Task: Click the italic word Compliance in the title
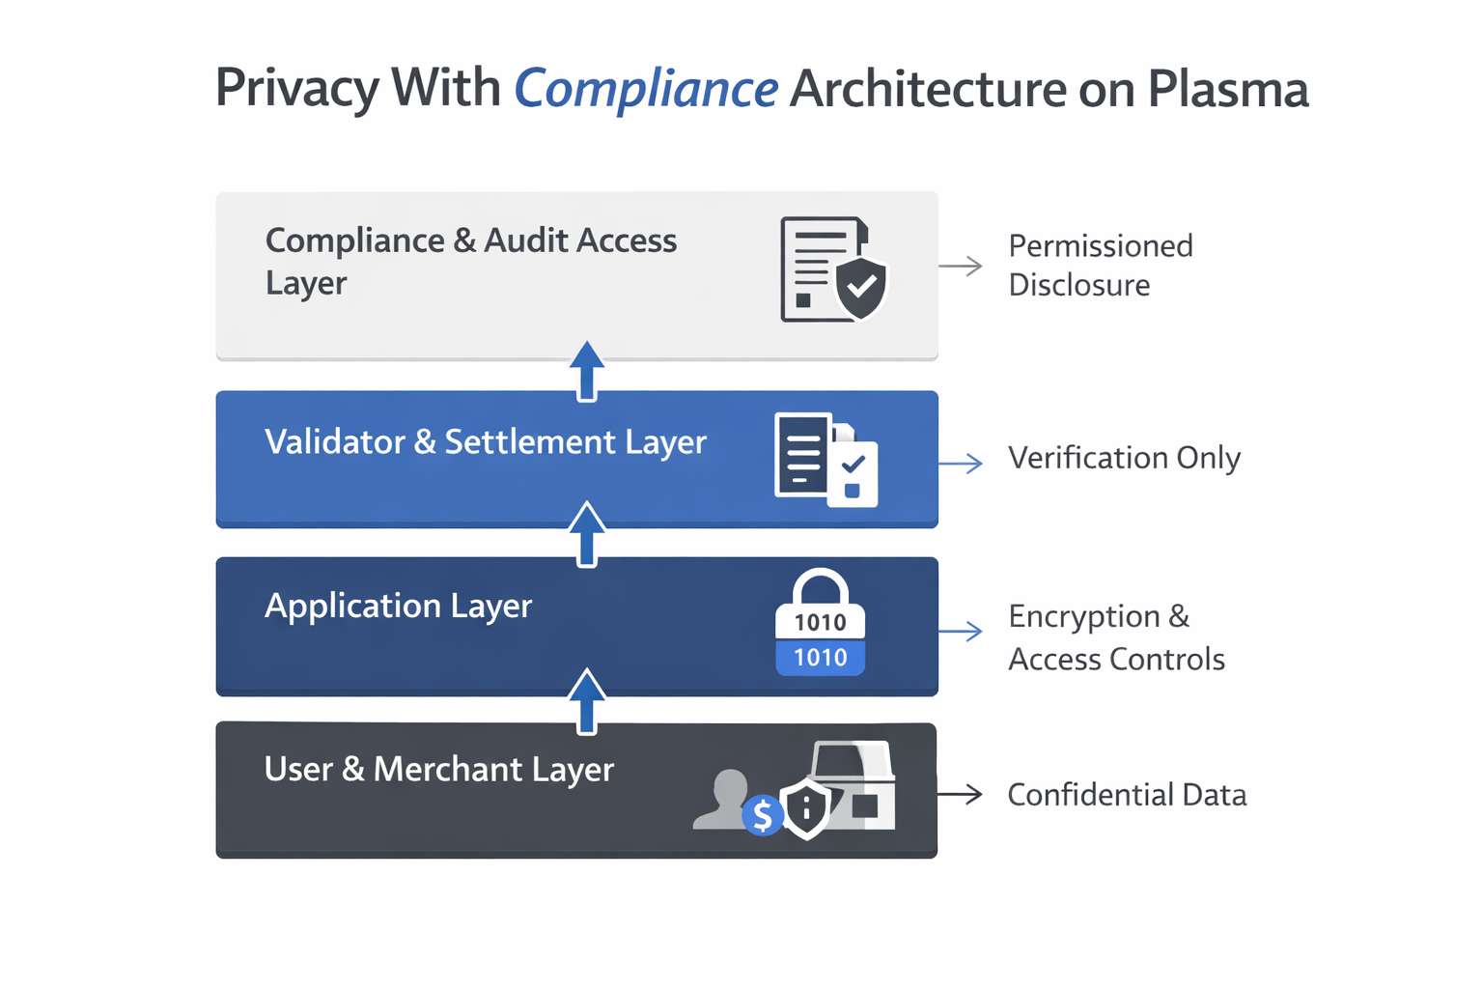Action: click(x=646, y=90)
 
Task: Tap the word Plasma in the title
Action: click(x=1228, y=88)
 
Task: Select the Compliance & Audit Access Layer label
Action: click(x=471, y=261)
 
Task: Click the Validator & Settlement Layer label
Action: click(x=486, y=442)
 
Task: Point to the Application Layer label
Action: click(x=398, y=607)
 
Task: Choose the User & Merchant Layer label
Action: click(x=439, y=770)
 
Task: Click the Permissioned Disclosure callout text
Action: click(x=1101, y=265)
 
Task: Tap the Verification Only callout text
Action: click(x=1124, y=459)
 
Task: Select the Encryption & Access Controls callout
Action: click(x=1116, y=637)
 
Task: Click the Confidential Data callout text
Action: click(x=1127, y=795)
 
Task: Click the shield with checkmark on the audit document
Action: click(x=860, y=288)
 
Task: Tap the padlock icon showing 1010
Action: click(x=821, y=622)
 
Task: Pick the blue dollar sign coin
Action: click(x=763, y=815)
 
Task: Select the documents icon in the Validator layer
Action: click(x=826, y=461)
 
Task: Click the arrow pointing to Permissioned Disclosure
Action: click(x=961, y=266)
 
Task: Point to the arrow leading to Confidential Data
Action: click(x=960, y=794)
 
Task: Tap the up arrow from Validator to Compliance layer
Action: click(x=587, y=371)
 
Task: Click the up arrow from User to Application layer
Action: click(x=587, y=701)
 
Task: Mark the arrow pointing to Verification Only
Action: click(x=961, y=463)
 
